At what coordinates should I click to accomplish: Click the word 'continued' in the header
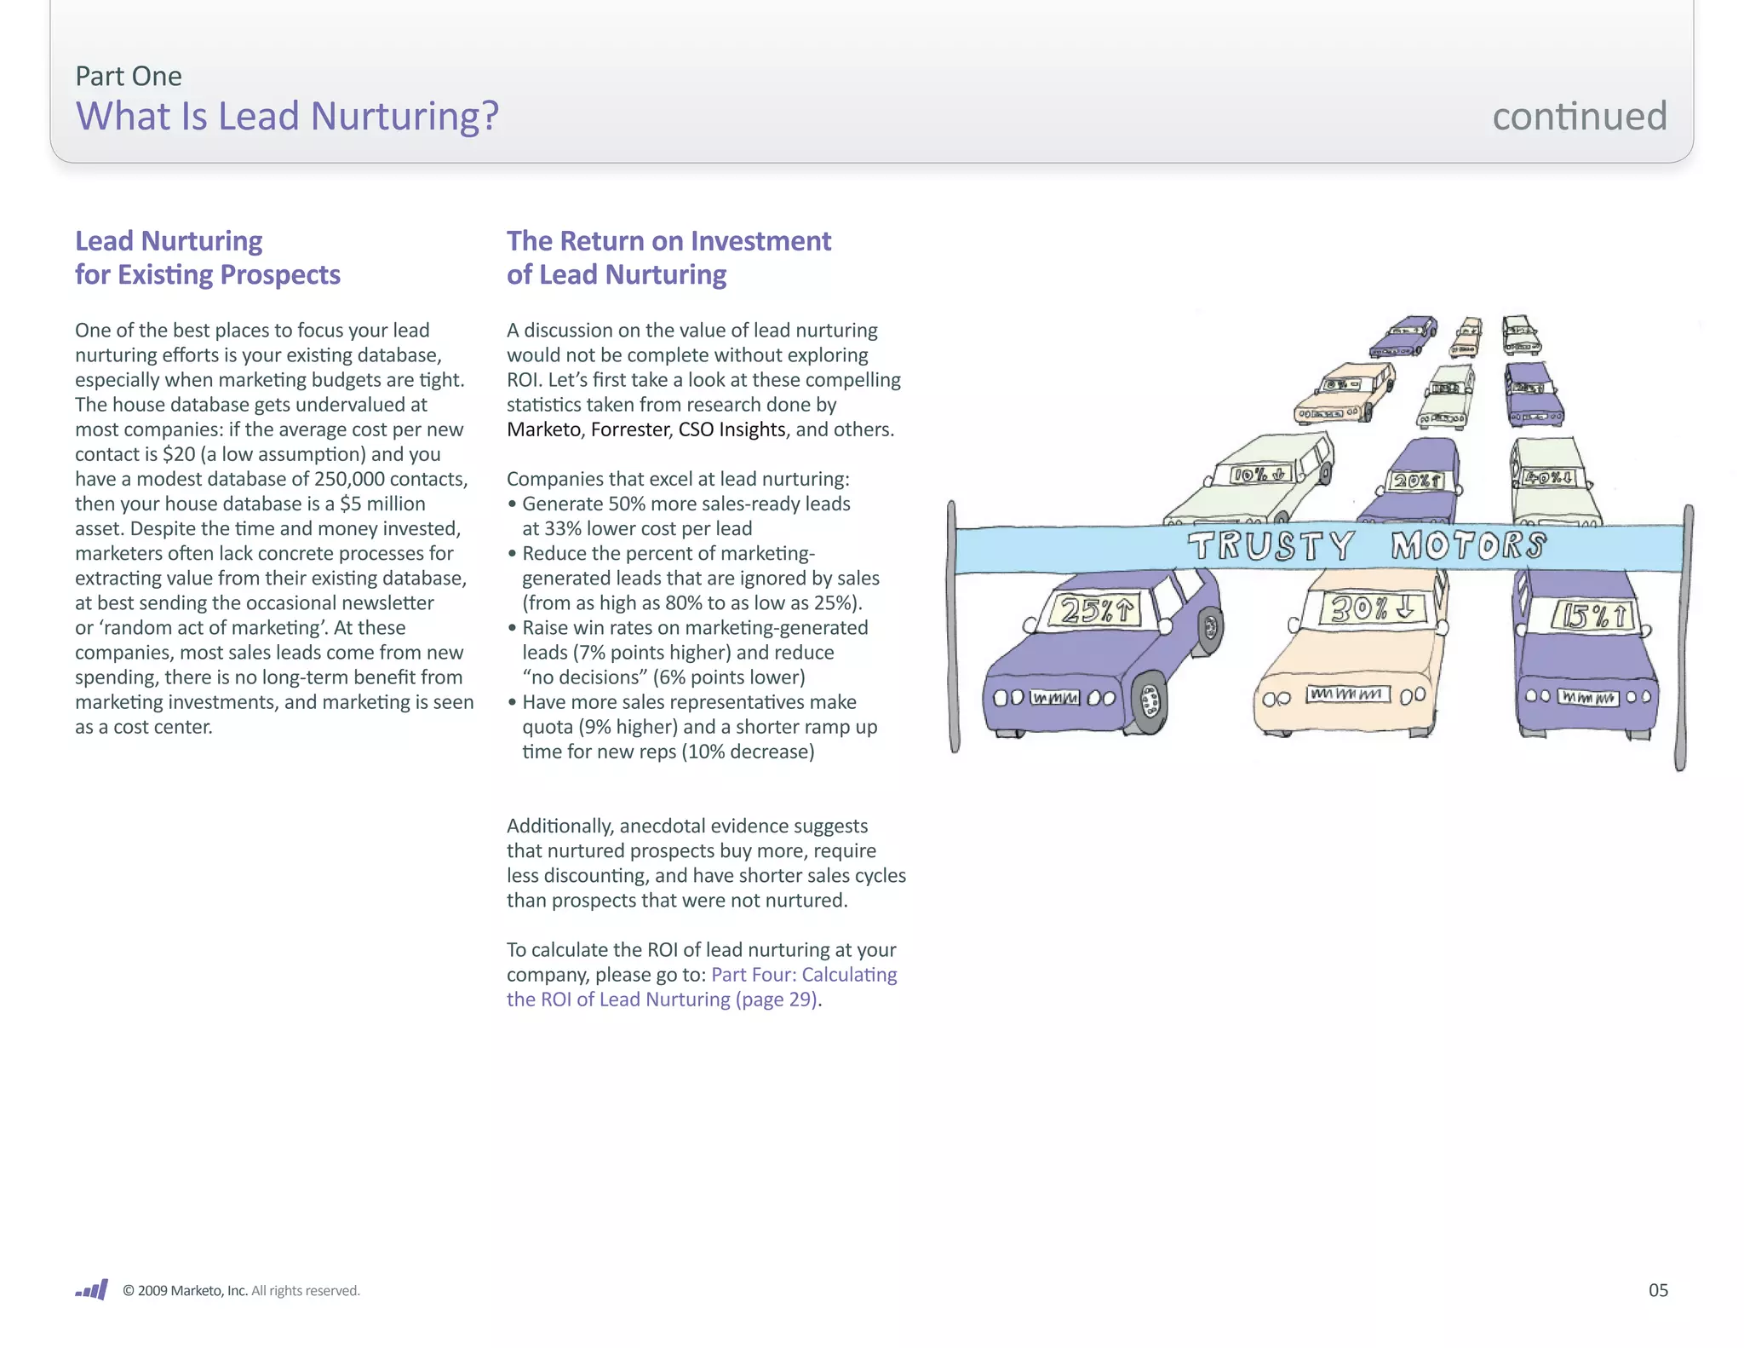coord(1579,116)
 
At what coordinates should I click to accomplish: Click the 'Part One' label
coord(128,76)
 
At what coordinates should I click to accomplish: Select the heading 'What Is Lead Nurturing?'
coord(287,116)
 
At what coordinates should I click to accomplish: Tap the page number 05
coord(1657,1290)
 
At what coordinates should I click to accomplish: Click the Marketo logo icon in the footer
coord(92,1289)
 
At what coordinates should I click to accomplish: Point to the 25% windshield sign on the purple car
coord(1098,610)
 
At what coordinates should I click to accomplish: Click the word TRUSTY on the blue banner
coord(1271,546)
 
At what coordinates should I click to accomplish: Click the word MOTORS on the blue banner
coord(1468,545)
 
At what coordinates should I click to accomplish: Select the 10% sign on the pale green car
coord(1260,475)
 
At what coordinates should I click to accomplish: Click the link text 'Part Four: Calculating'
coord(804,974)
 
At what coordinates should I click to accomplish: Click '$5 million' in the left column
coord(382,504)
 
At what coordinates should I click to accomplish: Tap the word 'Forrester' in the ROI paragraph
coord(630,429)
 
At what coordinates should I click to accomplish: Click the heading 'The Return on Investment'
coord(668,241)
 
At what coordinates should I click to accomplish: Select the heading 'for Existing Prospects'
coord(207,274)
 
